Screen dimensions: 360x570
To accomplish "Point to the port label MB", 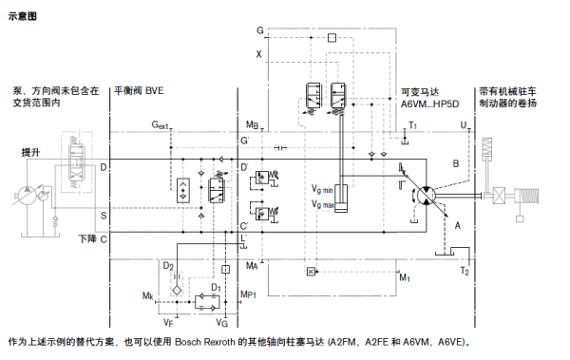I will [252, 125].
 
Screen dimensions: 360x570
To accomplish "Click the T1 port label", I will [412, 125].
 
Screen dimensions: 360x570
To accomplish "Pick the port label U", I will [463, 125].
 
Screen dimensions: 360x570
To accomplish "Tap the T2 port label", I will [464, 272].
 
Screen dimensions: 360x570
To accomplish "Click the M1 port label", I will [404, 278].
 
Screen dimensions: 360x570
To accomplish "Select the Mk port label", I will [147, 296].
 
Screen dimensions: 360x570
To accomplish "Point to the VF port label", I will [168, 323].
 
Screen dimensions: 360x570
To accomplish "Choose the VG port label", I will [221, 323].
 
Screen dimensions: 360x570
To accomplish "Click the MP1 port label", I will [249, 295].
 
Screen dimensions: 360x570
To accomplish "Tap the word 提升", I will [31, 152].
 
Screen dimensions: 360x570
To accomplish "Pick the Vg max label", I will [323, 204].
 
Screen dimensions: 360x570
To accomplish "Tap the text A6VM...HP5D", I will [430, 104].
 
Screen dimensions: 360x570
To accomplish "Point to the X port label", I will [257, 53].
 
